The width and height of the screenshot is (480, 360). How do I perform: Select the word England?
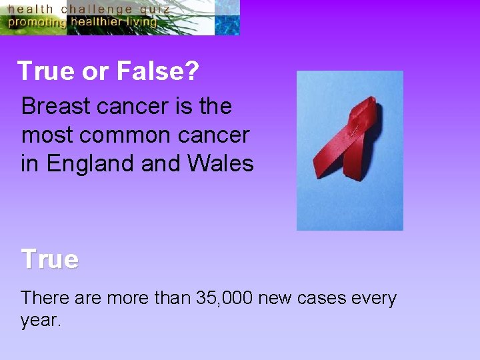(88, 163)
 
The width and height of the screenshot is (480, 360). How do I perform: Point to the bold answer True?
(49, 259)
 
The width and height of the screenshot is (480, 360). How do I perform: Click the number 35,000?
(224, 298)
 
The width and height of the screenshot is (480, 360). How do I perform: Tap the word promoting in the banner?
(37, 21)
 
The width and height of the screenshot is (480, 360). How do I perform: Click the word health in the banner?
(31, 9)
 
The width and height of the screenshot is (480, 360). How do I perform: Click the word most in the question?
(45, 135)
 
